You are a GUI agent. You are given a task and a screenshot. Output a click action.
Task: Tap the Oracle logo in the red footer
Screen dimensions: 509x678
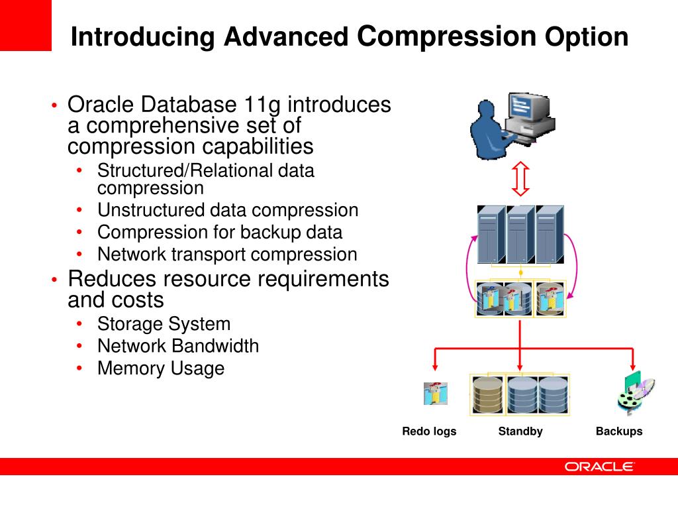pyautogui.click(x=599, y=467)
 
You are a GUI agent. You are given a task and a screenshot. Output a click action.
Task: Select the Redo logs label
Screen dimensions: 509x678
pyautogui.click(x=429, y=431)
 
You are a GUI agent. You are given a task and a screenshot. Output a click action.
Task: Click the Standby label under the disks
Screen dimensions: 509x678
pyautogui.click(x=520, y=431)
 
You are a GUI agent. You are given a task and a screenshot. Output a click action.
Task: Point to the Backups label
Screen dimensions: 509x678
pyautogui.click(x=619, y=431)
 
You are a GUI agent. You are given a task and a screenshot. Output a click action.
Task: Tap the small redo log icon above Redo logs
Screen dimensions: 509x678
pyautogui.click(x=436, y=394)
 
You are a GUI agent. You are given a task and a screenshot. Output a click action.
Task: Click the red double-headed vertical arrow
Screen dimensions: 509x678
pyautogui.click(x=521, y=179)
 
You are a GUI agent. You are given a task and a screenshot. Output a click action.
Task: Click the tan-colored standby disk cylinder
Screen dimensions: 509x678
pyautogui.click(x=488, y=395)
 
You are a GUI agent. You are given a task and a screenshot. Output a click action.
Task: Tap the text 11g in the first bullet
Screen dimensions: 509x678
pyautogui.click(x=263, y=105)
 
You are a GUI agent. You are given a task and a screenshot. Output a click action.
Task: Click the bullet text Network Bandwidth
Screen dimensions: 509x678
pyautogui.click(x=178, y=346)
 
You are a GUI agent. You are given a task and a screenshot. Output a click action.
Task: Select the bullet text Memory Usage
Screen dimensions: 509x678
pyautogui.click(x=161, y=368)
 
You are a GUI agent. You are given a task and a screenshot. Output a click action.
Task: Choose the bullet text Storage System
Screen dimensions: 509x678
pyautogui.click(x=164, y=324)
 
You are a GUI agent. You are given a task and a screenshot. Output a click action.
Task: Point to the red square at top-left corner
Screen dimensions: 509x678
pyautogui.click(x=25, y=25)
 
